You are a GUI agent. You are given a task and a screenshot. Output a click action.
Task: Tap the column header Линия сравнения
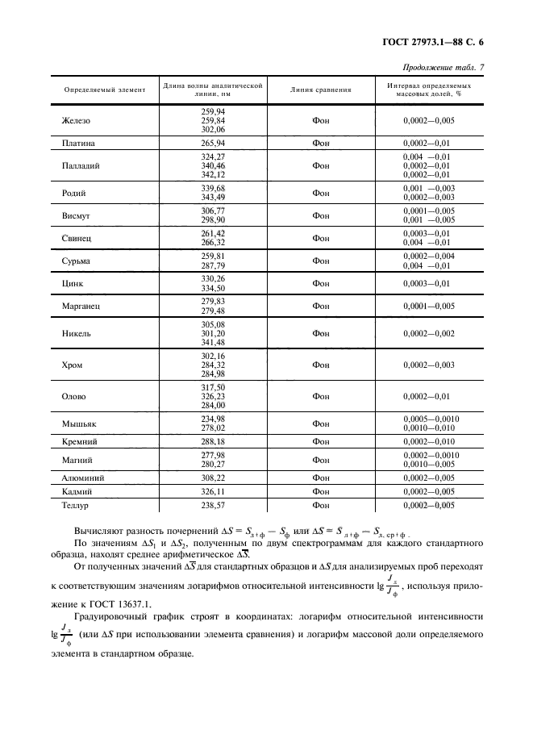321,90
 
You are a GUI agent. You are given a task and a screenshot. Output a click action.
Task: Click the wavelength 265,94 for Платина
213,143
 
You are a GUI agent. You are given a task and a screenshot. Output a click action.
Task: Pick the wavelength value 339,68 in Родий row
213,189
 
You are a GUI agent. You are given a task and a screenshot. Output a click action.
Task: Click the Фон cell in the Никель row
321,333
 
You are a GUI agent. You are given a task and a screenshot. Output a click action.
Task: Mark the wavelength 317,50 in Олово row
213,387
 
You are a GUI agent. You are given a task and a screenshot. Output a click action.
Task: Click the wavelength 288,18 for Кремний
213,443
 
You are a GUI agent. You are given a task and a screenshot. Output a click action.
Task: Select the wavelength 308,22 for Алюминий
213,478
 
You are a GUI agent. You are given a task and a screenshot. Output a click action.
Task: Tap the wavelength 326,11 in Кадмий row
213,491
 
